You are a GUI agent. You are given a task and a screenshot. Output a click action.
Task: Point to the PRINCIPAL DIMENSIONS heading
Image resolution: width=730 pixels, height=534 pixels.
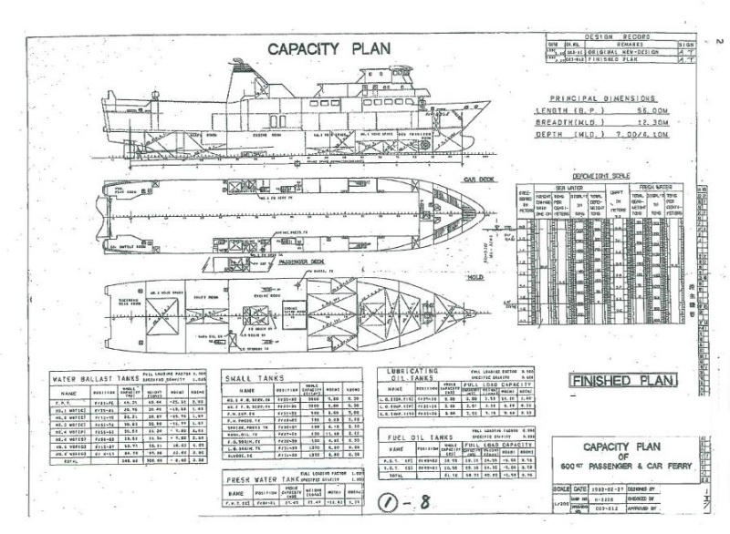pos(602,98)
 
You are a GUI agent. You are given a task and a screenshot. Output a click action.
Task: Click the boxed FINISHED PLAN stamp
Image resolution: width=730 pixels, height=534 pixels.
pos(622,379)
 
